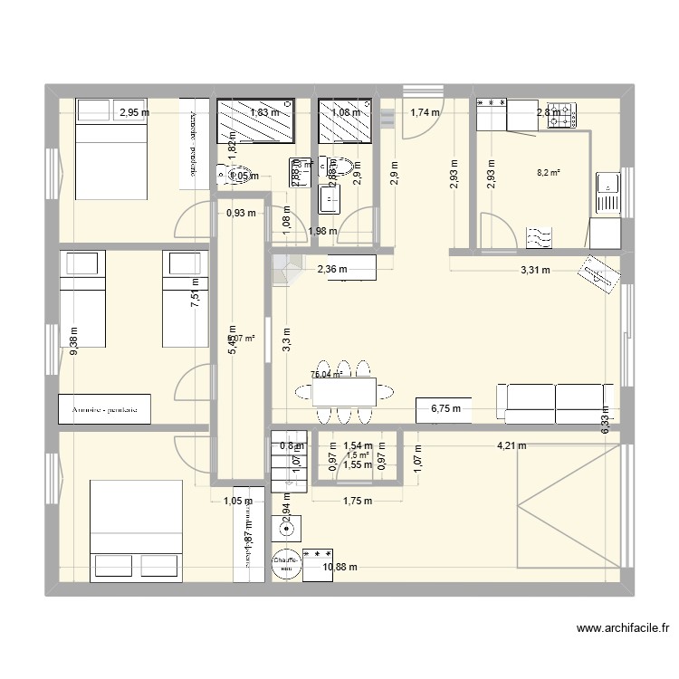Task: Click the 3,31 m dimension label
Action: click(533, 269)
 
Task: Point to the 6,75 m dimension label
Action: click(446, 409)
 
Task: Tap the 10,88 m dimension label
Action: click(340, 568)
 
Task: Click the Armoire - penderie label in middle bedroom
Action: click(104, 409)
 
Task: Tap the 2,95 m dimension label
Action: click(135, 113)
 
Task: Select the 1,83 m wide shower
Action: click(256, 121)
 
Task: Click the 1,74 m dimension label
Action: click(424, 113)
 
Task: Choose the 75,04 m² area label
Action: click(325, 374)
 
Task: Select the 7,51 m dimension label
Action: click(193, 293)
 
